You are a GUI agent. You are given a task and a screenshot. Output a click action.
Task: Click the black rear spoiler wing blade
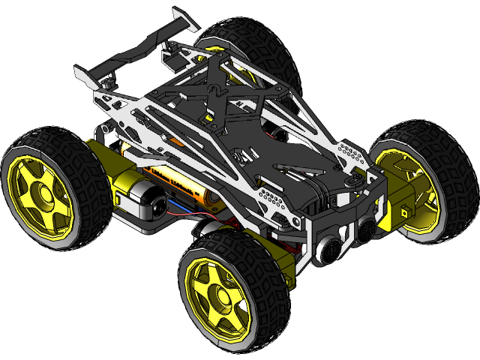click(135, 55)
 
